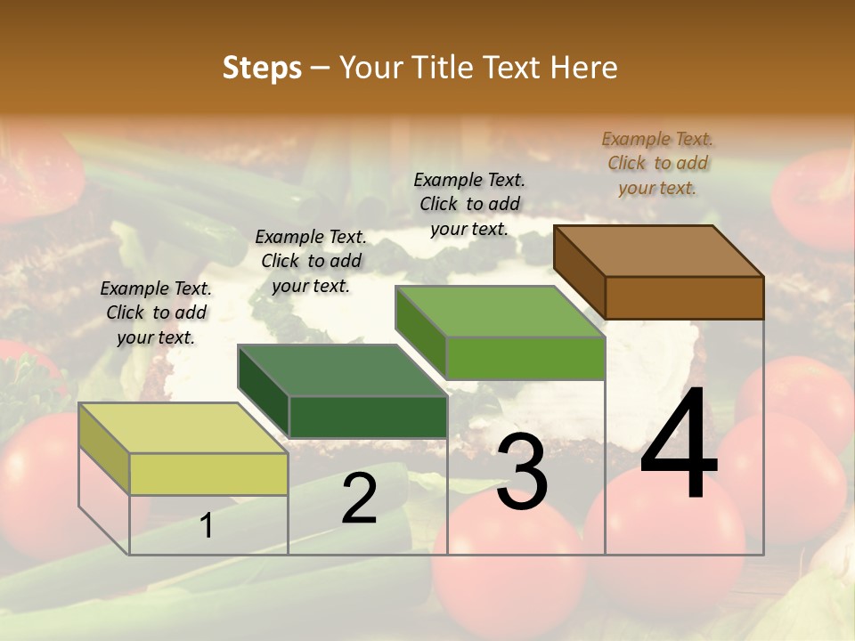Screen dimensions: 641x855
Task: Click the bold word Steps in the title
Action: pyautogui.click(x=262, y=68)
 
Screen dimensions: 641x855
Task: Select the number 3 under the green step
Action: pyautogui.click(x=522, y=472)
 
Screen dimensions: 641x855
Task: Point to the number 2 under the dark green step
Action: pyautogui.click(x=359, y=499)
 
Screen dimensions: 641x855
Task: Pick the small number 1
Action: pyautogui.click(x=207, y=525)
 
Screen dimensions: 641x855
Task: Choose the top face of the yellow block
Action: pyautogui.click(x=183, y=428)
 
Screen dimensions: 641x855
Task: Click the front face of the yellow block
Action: pyautogui.click(x=208, y=474)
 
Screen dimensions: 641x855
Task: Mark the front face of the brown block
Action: pyautogui.click(x=684, y=297)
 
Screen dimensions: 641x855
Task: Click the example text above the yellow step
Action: pyautogui.click(x=156, y=312)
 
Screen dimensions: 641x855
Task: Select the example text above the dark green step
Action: pyautogui.click(x=311, y=261)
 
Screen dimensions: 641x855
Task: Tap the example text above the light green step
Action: pyautogui.click(x=469, y=204)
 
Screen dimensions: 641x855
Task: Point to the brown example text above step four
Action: pyautogui.click(x=657, y=163)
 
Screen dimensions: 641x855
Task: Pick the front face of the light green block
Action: pyautogui.click(x=525, y=358)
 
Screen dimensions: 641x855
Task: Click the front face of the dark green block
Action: pyautogui.click(x=368, y=417)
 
